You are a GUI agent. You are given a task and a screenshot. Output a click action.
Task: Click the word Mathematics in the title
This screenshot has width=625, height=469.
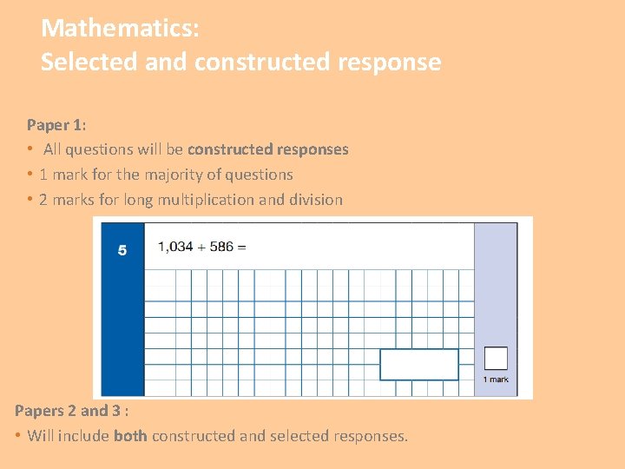pos(119,29)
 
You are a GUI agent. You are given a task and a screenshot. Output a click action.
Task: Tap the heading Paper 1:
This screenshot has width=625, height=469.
pos(56,125)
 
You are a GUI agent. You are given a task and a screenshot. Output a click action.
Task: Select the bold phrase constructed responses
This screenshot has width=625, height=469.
pos(267,149)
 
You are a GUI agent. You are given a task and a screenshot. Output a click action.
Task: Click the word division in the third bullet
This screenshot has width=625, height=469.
pos(316,200)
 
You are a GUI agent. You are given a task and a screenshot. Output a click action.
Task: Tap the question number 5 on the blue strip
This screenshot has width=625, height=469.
pos(122,250)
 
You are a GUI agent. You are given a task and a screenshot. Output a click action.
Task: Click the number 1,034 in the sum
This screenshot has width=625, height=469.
pos(175,247)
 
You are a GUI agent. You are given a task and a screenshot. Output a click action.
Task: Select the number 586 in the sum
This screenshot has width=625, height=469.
pos(221,247)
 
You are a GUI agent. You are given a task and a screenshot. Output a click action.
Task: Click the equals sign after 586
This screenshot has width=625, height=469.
pos(241,247)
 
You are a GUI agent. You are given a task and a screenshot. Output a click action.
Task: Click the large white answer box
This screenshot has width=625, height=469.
pos(418,364)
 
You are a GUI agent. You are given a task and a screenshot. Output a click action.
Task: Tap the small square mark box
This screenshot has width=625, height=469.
pos(496,358)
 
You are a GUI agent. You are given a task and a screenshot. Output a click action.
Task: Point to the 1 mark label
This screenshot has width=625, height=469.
pos(496,380)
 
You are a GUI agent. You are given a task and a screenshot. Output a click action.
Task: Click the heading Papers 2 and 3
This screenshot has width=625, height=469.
pos(70,411)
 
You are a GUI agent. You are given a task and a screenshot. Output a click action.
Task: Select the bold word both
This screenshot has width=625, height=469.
pos(130,436)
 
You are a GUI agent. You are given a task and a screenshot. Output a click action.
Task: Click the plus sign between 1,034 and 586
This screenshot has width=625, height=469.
pos(201,247)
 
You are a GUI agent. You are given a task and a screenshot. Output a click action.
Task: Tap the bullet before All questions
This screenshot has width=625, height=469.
pos(30,149)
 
